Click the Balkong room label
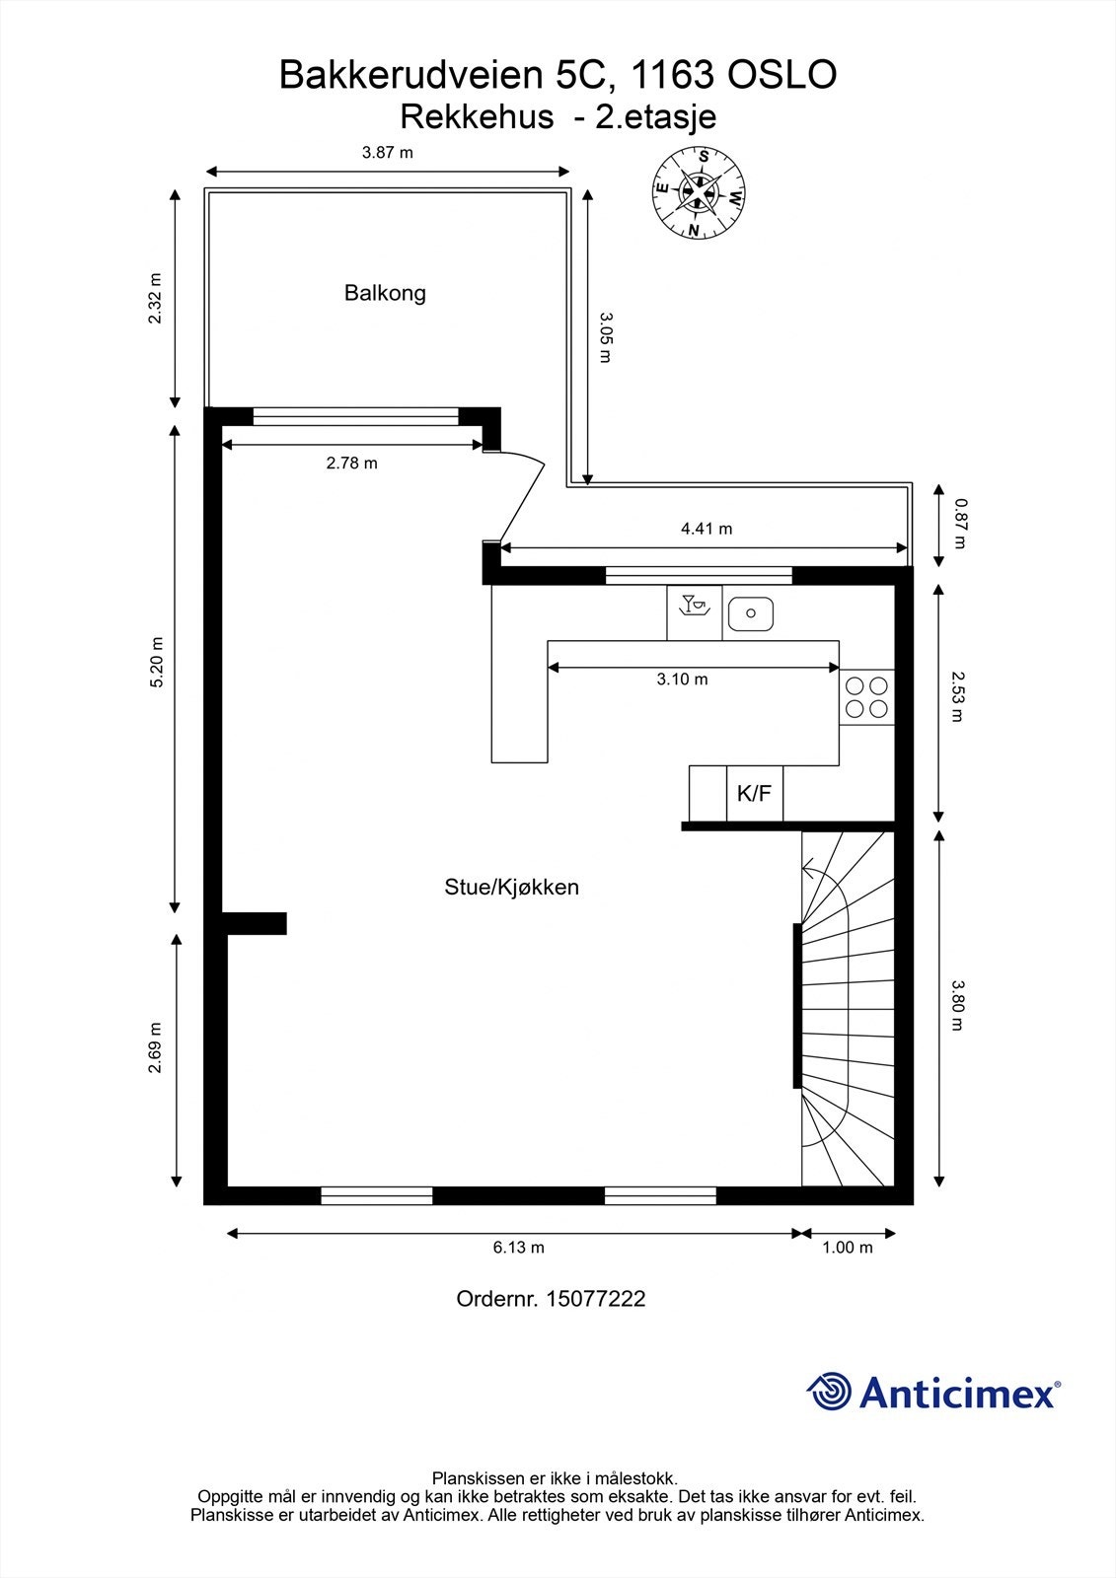[385, 293]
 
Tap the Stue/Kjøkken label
[511, 887]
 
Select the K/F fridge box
[755, 793]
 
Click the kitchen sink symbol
[750, 614]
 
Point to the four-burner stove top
[866, 696]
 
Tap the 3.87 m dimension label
[387, 153]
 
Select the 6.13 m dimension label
[518, 1248]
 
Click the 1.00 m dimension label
[847, 1248]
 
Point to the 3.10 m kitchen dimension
[682, 680]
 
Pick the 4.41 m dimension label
[707, 529]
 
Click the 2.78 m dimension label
[351, 463]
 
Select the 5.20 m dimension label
[157, 663]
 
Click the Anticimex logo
[933, 1392]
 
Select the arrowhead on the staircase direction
[808, 869]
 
